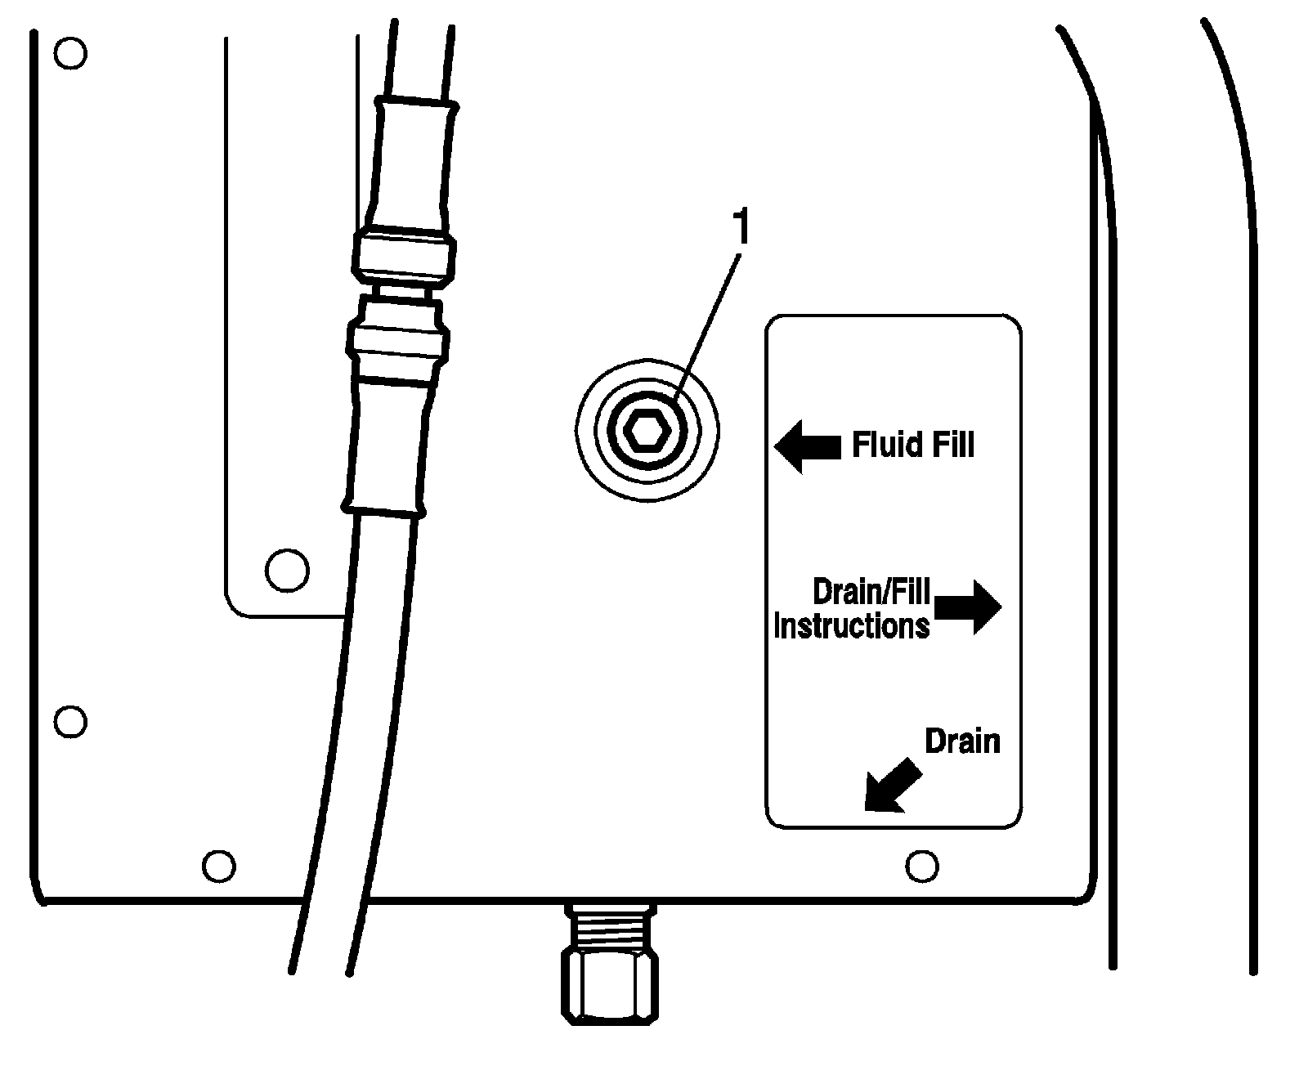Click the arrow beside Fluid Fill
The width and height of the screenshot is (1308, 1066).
tap(806, 446)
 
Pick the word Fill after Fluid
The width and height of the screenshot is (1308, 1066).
tap(951, 446)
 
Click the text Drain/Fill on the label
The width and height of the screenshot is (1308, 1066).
tap(871, 592)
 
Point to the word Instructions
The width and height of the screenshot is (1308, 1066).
tap(851, 626)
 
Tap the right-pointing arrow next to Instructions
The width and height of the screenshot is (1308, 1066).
tap(968, 607)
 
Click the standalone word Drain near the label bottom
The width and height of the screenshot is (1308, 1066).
tap(962, 741)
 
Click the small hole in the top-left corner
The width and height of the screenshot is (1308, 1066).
tap(70, 54)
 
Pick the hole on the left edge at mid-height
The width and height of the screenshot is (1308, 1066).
tap(70, 721)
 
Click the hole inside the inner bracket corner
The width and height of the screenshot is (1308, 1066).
tap(288, 568)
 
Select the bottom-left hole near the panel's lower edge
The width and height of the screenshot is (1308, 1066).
tap(218, 866)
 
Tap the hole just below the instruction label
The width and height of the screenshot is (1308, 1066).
tap(922, 865)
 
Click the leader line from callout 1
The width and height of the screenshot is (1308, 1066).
tap(708, 327)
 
